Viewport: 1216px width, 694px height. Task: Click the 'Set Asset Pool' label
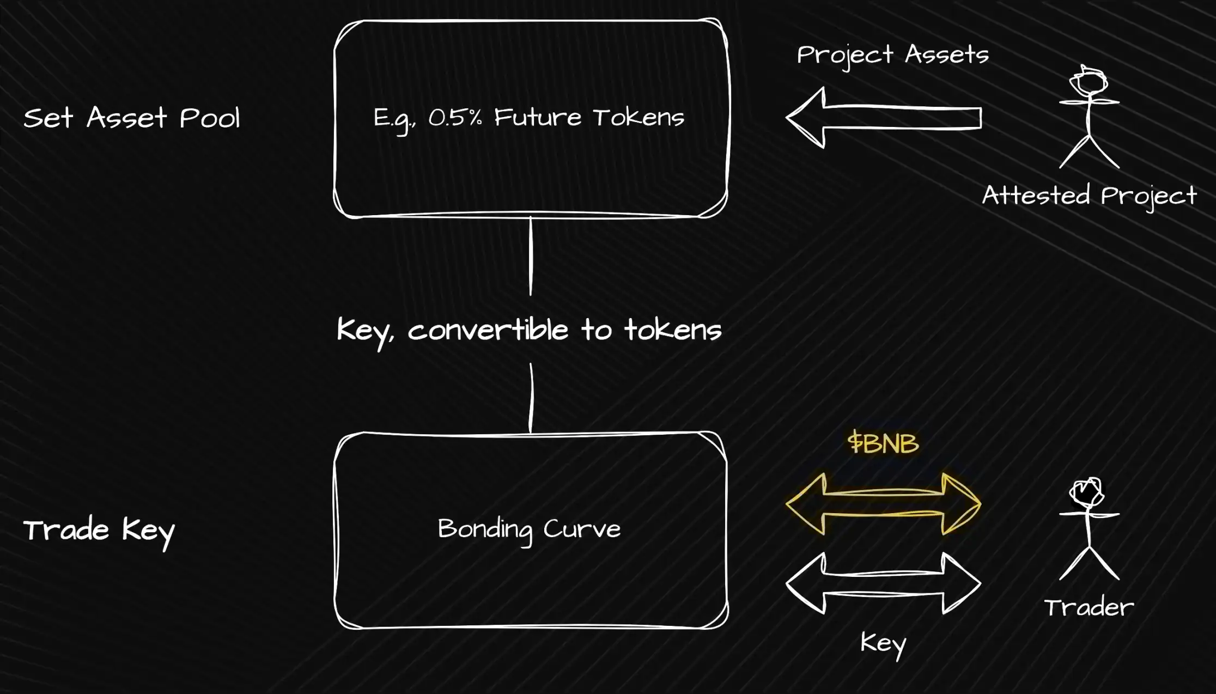tap(131, 118)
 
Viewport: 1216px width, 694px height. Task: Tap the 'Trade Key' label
tap(99, 530)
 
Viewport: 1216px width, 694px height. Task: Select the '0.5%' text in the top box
tap(455, 118)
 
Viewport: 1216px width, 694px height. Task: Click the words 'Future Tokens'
tap(589, 118)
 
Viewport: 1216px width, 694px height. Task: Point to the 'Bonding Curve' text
tap(529, 529)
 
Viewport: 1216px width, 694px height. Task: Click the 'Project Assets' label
tap(892, 55)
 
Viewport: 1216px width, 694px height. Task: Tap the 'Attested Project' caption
tap(1089, 196)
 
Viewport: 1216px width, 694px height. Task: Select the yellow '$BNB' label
tap(883, 442)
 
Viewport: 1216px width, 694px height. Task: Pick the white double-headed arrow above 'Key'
tap(883, 583)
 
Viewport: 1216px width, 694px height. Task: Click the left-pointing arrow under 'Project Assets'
tap(883, 118)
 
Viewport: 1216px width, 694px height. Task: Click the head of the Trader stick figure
tap(1087, 492)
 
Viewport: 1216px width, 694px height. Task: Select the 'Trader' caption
tap(1089, 607)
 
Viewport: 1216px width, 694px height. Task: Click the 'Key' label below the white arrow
tap(883, 643)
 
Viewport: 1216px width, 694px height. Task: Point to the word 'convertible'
tap(488, 330)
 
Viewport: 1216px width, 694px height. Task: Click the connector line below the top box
tap(531, 256)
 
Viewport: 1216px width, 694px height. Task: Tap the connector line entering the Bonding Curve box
tap(531, 398)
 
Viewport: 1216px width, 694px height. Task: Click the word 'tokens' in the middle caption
tap(673, 330)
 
